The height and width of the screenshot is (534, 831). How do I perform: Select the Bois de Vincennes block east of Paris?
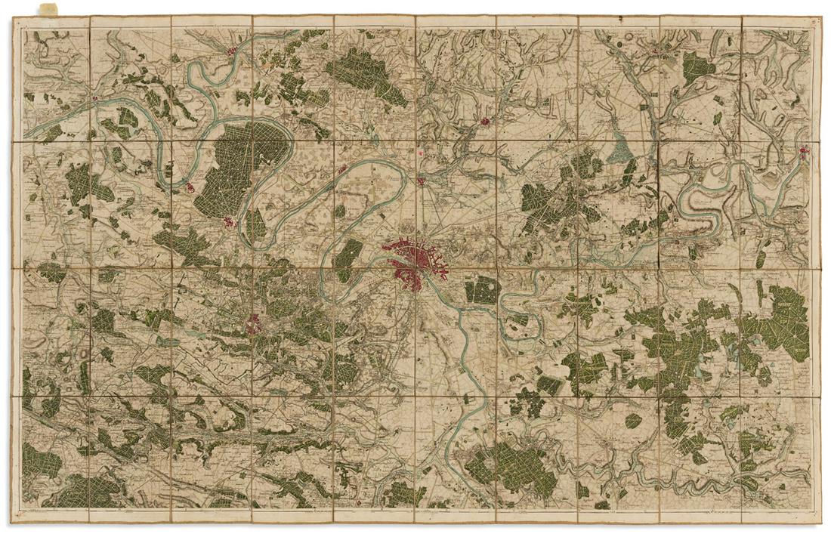tap(480, 290)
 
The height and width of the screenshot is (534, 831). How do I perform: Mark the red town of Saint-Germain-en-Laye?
tap(229, 221)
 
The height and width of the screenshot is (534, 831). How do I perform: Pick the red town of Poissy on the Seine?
tap(190, 187)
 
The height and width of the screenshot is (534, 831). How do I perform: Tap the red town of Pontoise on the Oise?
tap(232, 51)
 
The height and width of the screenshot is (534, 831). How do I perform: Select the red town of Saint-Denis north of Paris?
tap(421, 181)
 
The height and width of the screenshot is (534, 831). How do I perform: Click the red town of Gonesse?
tap(484, 120)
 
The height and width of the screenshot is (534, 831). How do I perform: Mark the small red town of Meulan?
tap(96, 98)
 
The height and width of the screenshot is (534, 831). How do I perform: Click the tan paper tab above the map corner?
tap(48, 8)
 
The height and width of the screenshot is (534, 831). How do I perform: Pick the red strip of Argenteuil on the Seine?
tap(342, 169)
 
